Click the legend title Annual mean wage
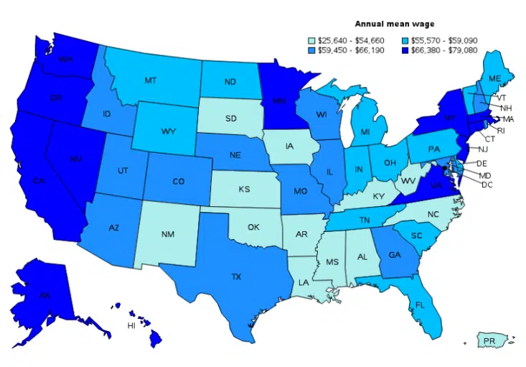tap(395, 24)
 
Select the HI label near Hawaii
tap(131, 325)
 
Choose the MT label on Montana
tap(150, 80)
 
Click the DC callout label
tap(487, 185)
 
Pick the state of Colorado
tap(179, 181)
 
